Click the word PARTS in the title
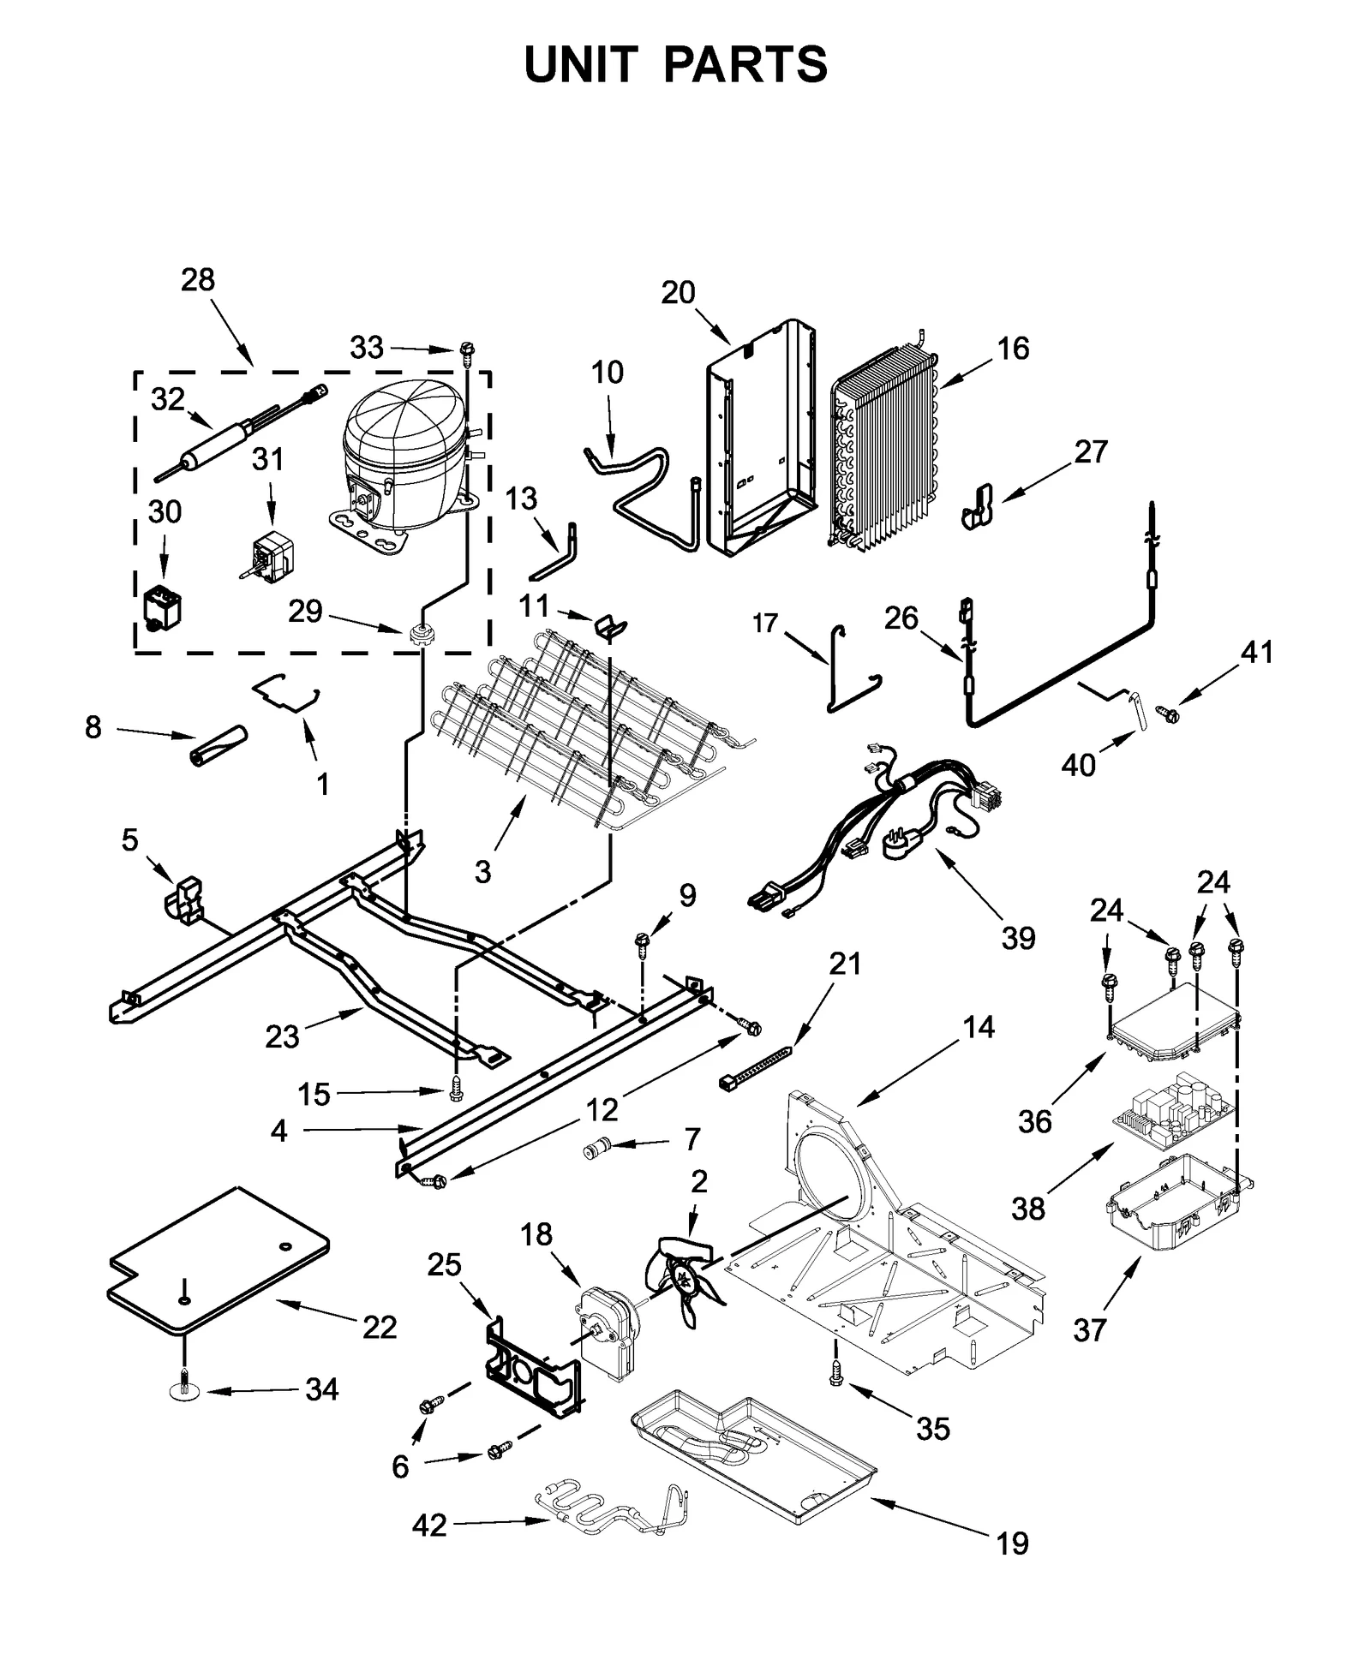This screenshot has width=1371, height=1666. click(745, 64)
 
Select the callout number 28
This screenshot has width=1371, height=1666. click(198, 280)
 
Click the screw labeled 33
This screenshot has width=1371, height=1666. click(467, 349)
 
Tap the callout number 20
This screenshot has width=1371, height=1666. click(678, 293)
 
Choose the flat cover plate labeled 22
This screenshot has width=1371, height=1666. click(219, 1259)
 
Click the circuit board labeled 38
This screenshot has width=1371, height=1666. click(1174, 1114)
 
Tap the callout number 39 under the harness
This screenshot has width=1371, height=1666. click(1018, 938)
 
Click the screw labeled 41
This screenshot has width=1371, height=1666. click(1167, 712)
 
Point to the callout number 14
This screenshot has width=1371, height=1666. click(979, 1026)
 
